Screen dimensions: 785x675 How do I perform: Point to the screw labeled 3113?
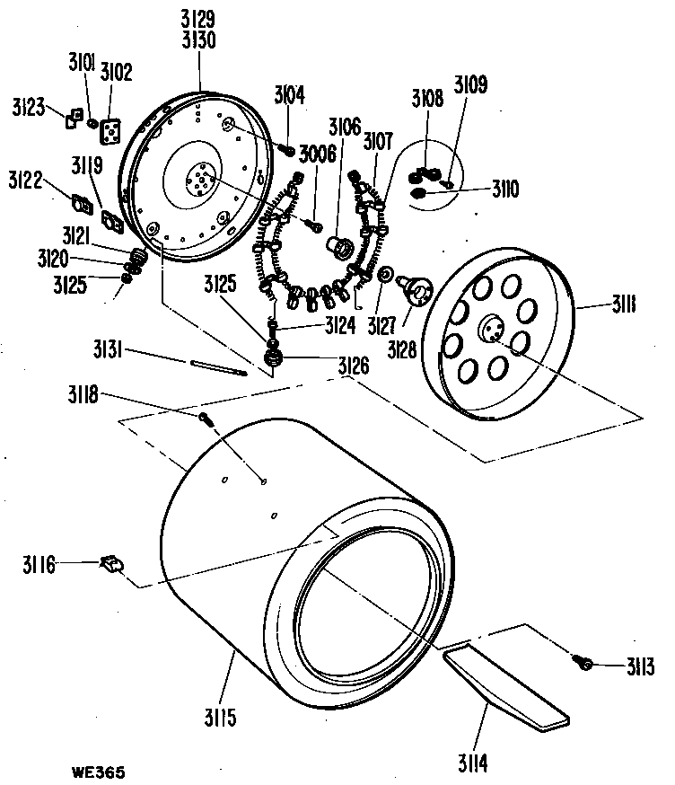click(x=583, y=663)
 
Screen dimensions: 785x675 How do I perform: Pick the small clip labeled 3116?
click(x=112, y=564)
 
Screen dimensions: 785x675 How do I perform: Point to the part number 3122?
click(x=27, y=181)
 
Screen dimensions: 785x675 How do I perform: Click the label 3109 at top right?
click(x=471, y=87)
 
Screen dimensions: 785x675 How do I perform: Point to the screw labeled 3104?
click(x=290, y=149)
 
